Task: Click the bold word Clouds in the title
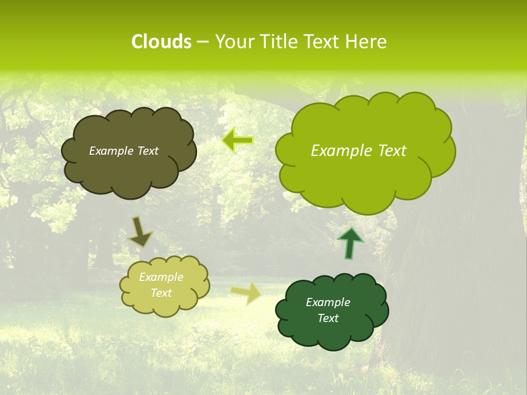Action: [x=161, y=42]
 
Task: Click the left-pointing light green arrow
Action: [x=238, y=141]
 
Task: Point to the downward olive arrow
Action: [x=140, y=232]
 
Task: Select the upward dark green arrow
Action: [x=350, y=243]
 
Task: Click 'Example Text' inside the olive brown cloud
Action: [x=124, y=151]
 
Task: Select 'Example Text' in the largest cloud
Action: [x=358, y=151]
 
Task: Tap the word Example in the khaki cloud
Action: [x=161, y=277]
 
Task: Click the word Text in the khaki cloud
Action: [x=161, y=293]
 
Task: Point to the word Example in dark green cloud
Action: [x=328, y=302]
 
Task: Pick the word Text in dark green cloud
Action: [x=328, y=318]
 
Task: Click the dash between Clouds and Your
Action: [x=202, y=42]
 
